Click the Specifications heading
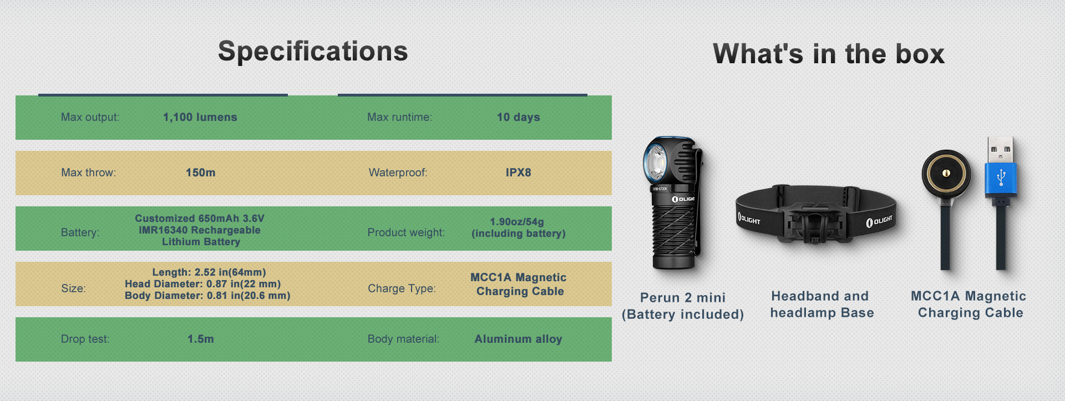[x=313, y=52]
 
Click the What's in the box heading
[x=829, y=54]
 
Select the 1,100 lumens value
[x=200, y=117]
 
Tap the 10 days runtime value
[x=519, y=117]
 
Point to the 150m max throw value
[x=201, y=172]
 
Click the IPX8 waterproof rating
[x=519, y=172]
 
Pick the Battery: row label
[x=80, y=232]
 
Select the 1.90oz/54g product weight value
[x=517, y=221]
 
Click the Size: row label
[x=73, y=288]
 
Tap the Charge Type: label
[x=402, y=288]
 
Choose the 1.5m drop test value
[x=201, y=339]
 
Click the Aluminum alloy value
[x=519, y=339]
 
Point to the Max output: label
[x=90, y=117]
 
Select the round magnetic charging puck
[x=946, y=174]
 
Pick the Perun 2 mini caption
[x=683, y=298]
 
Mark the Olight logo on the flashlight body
[x=683, y=199]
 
